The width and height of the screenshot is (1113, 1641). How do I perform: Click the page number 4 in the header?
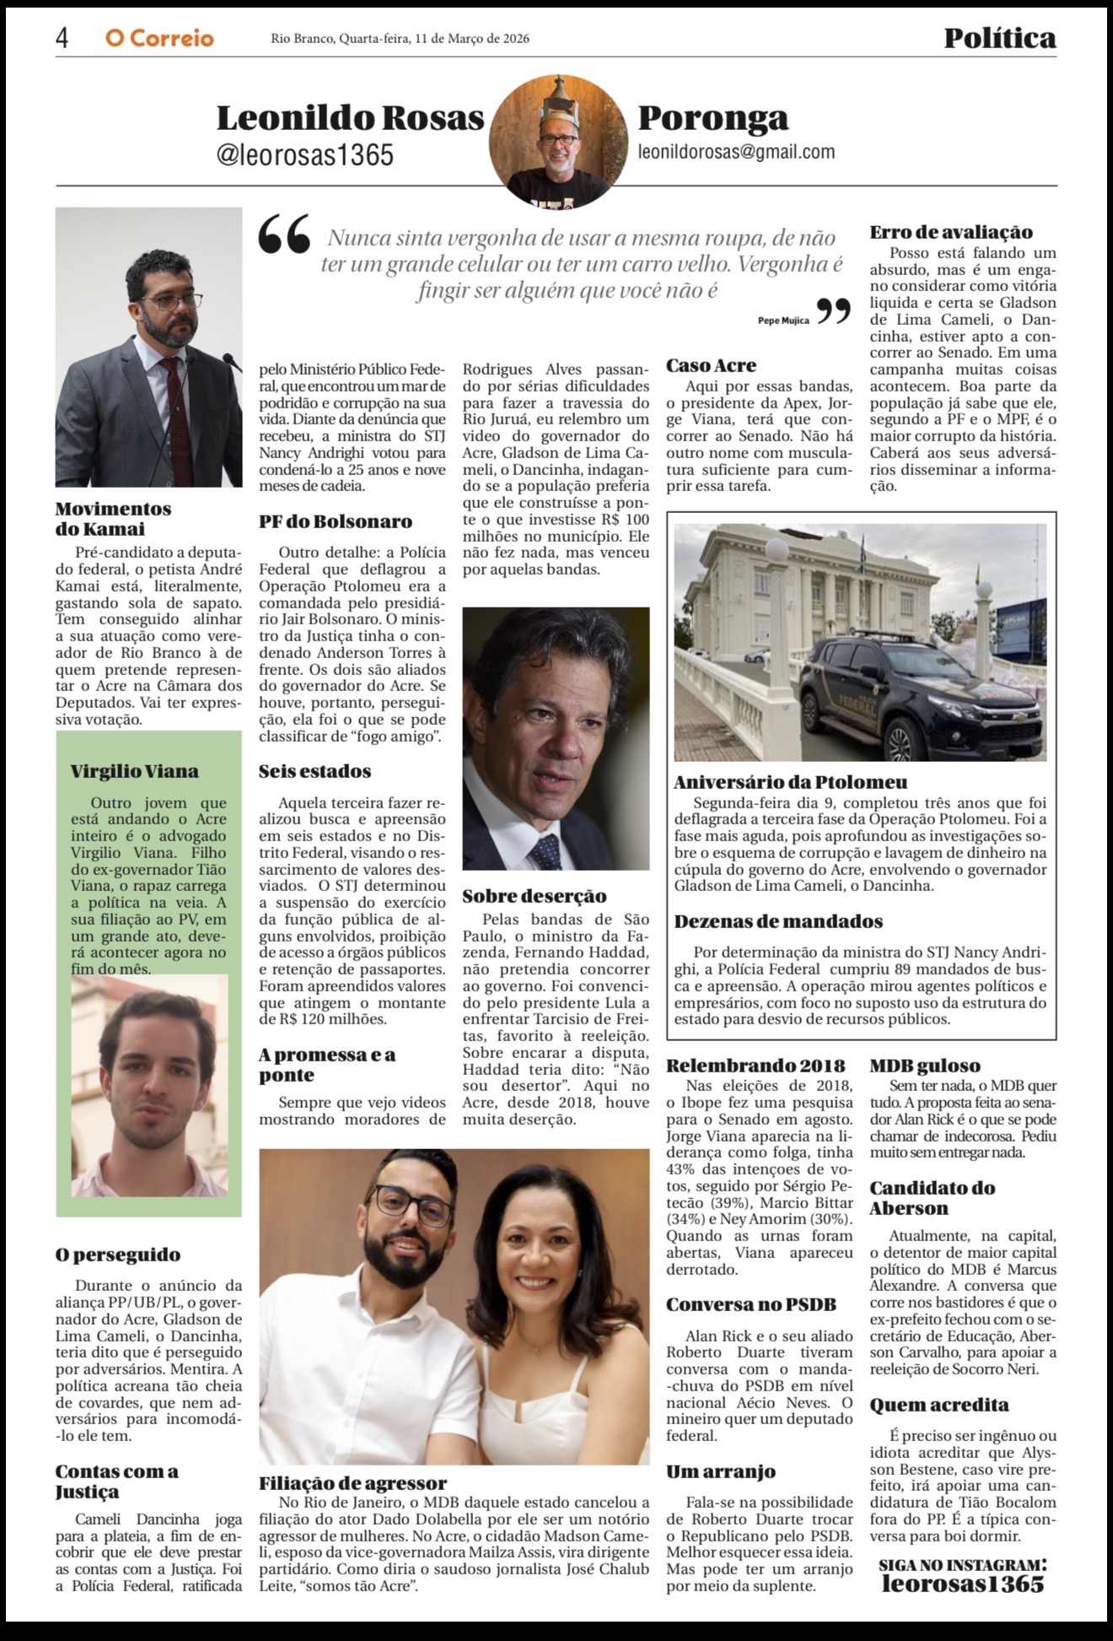62,38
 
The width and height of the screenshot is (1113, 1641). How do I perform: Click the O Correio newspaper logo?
159,39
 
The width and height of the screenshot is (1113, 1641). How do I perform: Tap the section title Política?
999,38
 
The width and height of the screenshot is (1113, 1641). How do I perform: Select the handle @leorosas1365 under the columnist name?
305,155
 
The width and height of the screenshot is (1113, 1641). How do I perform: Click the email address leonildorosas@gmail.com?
736,152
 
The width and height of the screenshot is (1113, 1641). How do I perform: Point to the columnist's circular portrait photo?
558,141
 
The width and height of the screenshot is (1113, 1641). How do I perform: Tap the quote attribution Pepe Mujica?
783,321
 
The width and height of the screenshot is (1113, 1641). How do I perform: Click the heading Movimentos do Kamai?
113,519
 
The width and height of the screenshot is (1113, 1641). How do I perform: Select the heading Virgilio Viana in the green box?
135,771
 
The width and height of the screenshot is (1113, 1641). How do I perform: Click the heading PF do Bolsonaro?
336,521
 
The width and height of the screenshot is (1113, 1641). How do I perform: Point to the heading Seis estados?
315,771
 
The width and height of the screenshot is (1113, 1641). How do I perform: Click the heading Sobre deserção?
534,896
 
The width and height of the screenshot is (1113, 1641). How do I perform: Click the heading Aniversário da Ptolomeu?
790,782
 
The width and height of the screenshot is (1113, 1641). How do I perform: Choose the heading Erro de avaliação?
951,232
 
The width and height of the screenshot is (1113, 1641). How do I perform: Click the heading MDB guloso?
925,1066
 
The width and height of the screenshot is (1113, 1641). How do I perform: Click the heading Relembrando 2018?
755,1066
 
